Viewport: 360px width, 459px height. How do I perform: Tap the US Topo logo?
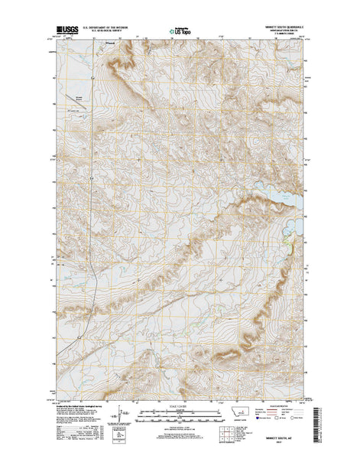[180, 33]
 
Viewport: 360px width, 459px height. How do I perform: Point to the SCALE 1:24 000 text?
[180, 407]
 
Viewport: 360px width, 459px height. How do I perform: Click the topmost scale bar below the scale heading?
[180, 412]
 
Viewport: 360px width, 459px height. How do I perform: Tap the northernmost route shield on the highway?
[92, 77]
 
